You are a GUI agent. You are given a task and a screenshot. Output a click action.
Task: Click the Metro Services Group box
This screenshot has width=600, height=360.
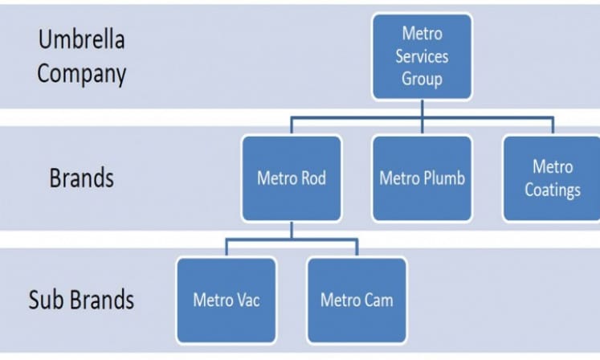(x=422, y=56)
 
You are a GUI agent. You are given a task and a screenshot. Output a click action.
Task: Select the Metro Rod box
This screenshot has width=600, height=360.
(x=292, y=178)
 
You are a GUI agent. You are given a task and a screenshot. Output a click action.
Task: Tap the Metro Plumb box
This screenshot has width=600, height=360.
(x=422, y=178)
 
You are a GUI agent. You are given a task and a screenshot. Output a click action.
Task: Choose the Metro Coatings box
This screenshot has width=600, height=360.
(x=553, y=178)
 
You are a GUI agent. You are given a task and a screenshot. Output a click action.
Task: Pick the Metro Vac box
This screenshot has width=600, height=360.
(x=227, y=300)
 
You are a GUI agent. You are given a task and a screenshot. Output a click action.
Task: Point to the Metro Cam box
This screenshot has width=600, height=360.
(x=357, y=300)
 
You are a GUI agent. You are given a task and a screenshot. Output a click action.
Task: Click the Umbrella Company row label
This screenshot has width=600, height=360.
(x=82, y=57)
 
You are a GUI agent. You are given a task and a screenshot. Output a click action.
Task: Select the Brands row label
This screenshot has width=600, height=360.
(x=81, y=178)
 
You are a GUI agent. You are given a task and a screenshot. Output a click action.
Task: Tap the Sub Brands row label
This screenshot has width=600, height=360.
(x=81, y=300)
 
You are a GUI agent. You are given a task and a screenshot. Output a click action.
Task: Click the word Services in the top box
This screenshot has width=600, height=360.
(x=422, y=57)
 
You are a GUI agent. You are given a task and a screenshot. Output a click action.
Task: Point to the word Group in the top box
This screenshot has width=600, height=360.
(x=422, y=79)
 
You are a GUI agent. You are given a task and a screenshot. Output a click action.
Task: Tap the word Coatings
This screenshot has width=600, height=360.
(x=553, y=190)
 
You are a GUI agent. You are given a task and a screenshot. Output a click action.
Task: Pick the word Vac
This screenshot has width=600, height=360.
(x=247, y=300)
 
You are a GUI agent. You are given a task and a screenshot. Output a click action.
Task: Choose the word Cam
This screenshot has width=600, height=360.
(x=378, y=300)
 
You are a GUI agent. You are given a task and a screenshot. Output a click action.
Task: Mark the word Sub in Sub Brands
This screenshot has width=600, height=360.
(x=45, y=300)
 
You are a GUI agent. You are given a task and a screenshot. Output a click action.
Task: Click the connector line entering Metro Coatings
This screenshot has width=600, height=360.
(x=553, y=125)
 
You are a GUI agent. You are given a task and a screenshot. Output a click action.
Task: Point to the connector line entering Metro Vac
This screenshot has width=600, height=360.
(x=227, y=247)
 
